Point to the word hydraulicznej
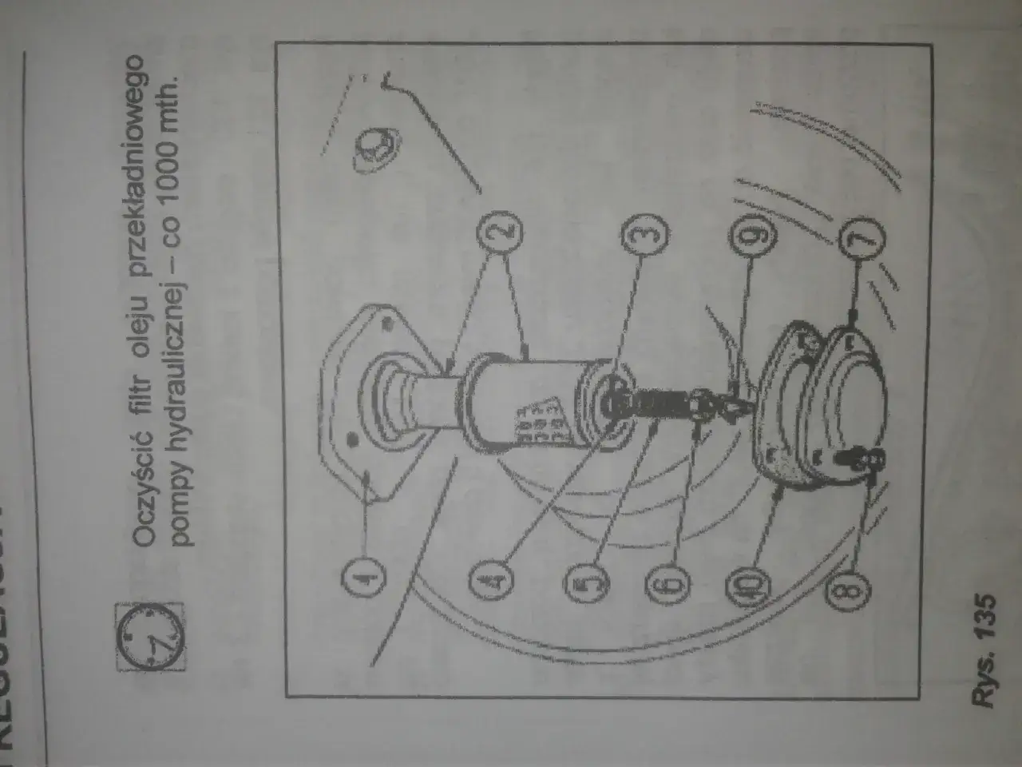(180, 328)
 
